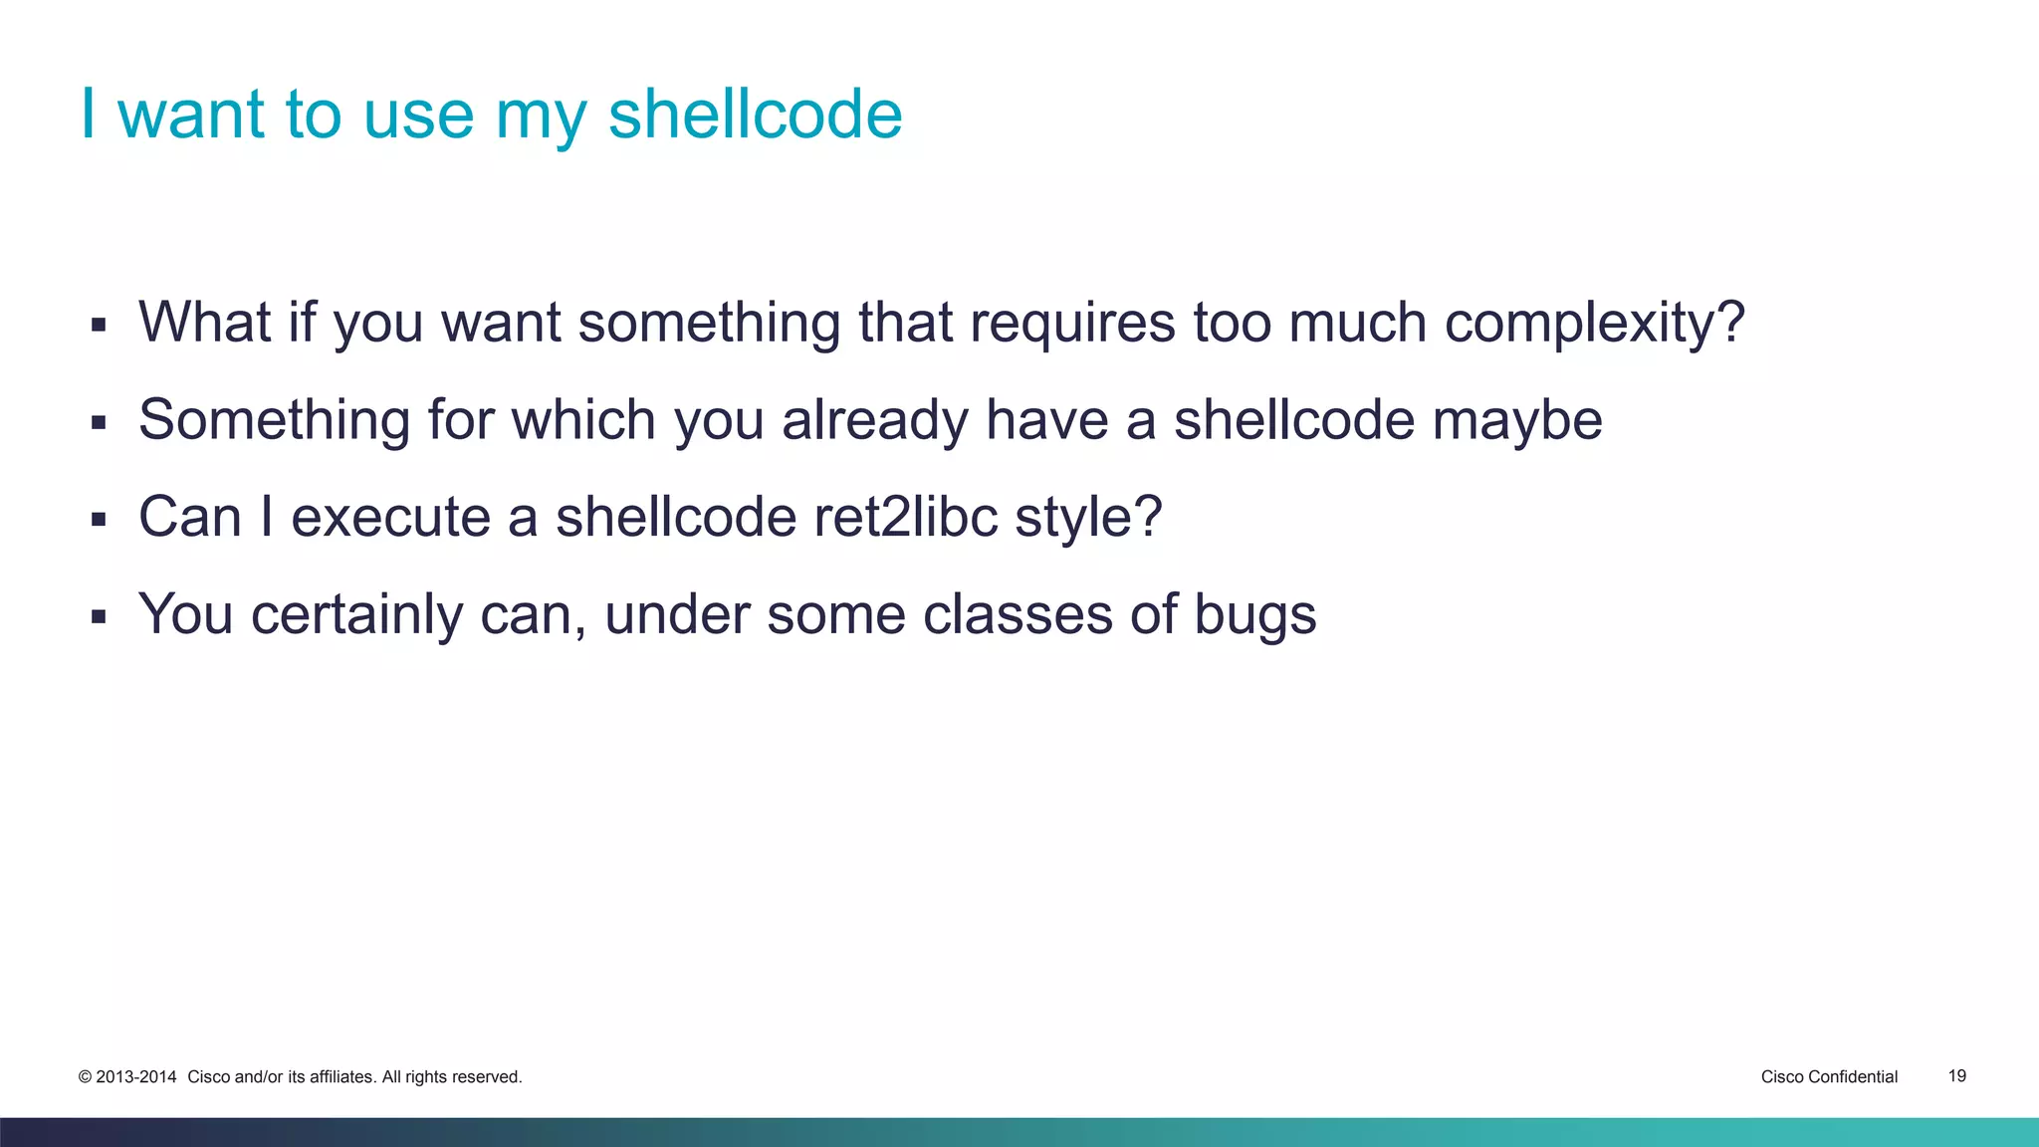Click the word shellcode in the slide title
tap(755, 115)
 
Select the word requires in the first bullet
tap(1072, 324)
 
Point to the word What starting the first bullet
tap(204, 324)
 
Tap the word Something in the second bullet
tap(274, 420)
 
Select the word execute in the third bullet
tap(391, 518)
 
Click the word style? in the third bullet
tap(1088, 518)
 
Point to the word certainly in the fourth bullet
tap(356, 614)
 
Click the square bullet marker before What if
tap(98, 325)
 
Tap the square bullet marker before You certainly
tap(98, 616)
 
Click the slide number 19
tap(1956, 1076)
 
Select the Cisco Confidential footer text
tap(1829, 1077)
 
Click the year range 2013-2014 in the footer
tap(135, 1077)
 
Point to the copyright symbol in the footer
tap(85, 1077)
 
